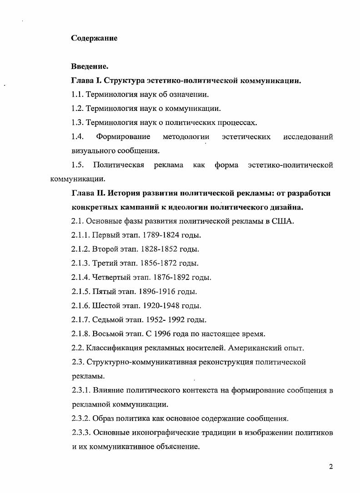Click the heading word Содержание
click(x=94, y=38)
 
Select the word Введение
click(x=90, y=67)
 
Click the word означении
click(x=186, y=95)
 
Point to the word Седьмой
click(x=109, y=319)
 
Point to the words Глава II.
click(x=88, y=193)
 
